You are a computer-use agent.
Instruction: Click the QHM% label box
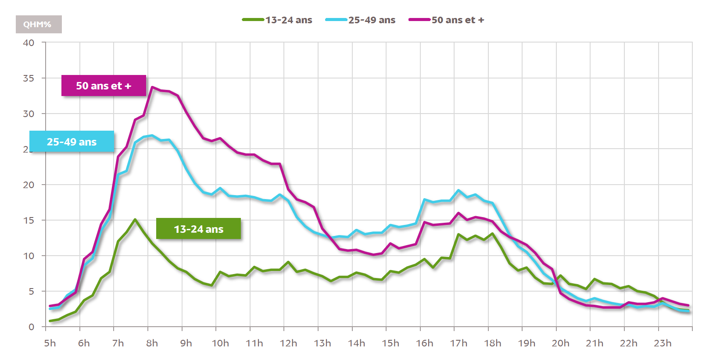[x=39, y=25]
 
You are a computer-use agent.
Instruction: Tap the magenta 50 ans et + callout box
[x=104, y=86]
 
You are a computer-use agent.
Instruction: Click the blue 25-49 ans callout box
[x=72, y=142]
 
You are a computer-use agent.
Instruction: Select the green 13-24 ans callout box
[x=198, y=229]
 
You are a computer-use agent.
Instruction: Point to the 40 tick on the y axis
[x=29, y=43]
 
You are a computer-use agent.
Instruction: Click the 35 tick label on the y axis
[x=29, y=78]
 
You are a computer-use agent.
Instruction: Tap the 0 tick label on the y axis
[x=31, y=327]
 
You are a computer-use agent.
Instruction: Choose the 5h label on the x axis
[x=50, y=343]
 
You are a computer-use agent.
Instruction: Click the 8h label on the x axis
[x=152, y=343]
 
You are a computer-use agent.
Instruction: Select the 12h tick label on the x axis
[x=288, y=343]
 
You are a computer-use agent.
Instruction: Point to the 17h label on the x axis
[x=459, y=343]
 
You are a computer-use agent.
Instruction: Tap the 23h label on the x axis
[x=663, y=343]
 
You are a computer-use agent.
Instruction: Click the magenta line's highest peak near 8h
[x=152, y=87]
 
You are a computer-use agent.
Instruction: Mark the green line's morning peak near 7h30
[x=135, y=219]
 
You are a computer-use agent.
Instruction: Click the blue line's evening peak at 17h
[x=459, y=190]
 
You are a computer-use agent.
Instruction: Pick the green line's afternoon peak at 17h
[x=459, y=234]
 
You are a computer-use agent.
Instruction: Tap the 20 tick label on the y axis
[x=29, y=185]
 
